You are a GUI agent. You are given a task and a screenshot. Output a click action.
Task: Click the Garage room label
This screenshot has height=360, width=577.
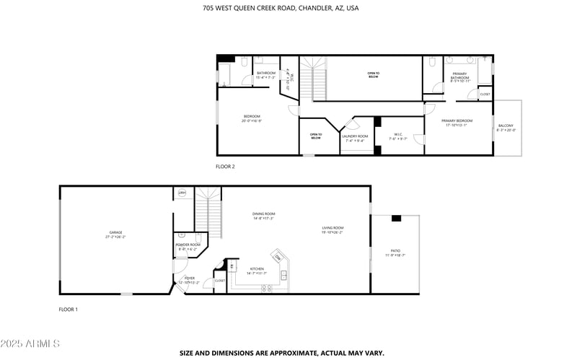tap(115, 233)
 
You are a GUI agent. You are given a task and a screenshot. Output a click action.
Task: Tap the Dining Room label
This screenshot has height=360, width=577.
tap(263, 214)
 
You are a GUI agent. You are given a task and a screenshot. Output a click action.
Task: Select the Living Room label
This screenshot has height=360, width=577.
tap(332, 229)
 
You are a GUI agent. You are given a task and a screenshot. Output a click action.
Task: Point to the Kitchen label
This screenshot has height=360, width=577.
tap(256, 268)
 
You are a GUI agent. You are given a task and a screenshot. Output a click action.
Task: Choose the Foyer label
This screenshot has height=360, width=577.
tap(189, 277)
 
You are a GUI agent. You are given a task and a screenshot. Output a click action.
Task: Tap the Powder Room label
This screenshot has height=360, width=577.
tap(188, 245)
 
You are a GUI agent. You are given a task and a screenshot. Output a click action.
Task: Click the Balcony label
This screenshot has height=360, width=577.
tap(506, 126)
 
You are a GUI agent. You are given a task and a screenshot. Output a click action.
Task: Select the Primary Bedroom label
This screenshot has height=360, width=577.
tap(457, 120)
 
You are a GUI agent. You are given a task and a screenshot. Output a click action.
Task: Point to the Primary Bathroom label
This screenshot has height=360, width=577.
tap(460, 76)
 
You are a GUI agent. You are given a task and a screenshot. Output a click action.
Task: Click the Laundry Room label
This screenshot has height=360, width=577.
tap(355, 136)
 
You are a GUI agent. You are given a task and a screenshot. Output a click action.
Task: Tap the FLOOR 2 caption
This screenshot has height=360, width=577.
tap(225, 166)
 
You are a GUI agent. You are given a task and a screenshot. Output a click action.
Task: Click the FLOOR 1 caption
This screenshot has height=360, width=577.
tap(68, 309)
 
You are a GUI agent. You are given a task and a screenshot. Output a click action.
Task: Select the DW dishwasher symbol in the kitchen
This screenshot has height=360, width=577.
tap(278, 257)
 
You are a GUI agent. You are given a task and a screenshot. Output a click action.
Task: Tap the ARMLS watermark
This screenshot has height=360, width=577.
tap(31, 343)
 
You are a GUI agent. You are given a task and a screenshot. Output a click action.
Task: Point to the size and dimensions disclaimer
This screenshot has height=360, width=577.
tap(281, 354)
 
